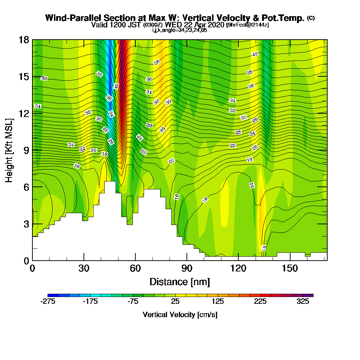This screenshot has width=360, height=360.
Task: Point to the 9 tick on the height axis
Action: click(32, 150)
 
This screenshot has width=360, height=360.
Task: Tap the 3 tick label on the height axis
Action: click(26, 224)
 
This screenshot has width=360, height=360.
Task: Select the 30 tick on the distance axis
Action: click(84, 260)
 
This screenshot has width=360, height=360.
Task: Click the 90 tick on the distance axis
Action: click(187, 260)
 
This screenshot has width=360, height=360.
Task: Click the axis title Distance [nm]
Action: click(180, 282)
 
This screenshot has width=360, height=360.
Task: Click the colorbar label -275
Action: click(48, 302)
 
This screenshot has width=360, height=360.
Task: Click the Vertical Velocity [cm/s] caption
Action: click(180, 315)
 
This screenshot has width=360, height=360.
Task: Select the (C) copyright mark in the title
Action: click(311, 18)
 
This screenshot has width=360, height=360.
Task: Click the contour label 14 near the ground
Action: click(264, 248)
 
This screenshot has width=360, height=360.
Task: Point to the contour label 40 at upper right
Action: click(255, 54)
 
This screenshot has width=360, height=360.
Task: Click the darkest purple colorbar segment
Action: click(310, 295)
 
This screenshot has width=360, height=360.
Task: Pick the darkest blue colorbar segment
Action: click(50, 295)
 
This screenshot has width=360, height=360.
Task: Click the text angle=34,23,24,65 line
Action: click(180, 30)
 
